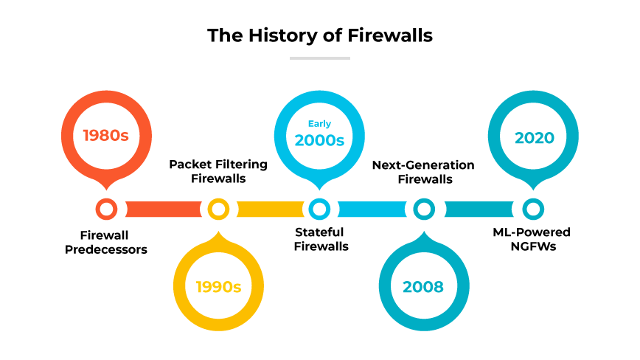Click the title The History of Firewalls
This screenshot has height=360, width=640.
tap(319, 35)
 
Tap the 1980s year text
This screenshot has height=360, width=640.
tap(106, 136)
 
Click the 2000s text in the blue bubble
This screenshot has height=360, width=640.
tap(319, 140)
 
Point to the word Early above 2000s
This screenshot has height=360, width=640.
tap(319, 123)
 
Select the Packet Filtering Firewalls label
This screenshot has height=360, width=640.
tap(218, 171)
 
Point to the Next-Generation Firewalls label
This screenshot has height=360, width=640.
tap(423, 171)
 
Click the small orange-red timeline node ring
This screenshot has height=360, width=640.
tap(107, 210)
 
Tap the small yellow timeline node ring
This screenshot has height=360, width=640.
tap(218, 210)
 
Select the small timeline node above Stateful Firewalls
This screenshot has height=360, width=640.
tap(319, 210)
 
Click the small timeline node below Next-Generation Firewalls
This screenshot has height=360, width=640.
tap(423, 210)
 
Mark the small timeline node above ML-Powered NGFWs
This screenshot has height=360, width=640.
tap(533, 210)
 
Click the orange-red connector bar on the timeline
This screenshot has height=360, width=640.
tap(162, 210)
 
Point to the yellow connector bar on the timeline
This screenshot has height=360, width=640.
tap(269, 210)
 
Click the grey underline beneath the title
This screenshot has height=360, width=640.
tap(319, 58)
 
